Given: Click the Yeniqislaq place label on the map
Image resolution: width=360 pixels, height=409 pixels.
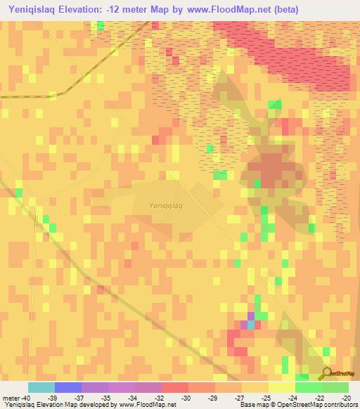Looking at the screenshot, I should (166, 205).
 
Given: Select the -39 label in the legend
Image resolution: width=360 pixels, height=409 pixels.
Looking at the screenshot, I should (52, 398).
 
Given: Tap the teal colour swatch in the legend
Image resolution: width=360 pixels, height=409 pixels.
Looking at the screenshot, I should (41, 387).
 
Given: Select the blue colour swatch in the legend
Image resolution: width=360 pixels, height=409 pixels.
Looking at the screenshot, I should (68, 387).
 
